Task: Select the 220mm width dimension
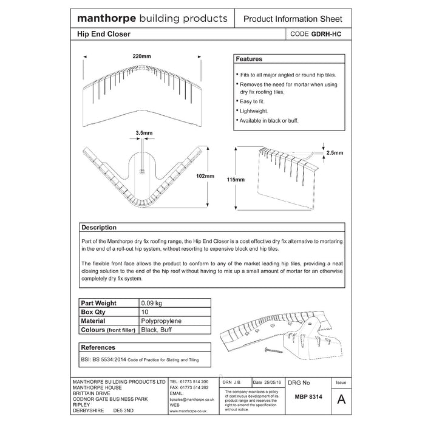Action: (141, 56)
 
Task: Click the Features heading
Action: (249, 59)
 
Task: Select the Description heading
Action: (100, 228)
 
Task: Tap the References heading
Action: (98, 348)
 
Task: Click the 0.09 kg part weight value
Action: (152, 303)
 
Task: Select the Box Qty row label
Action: (95, 311)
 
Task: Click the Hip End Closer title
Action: (104, 36)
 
